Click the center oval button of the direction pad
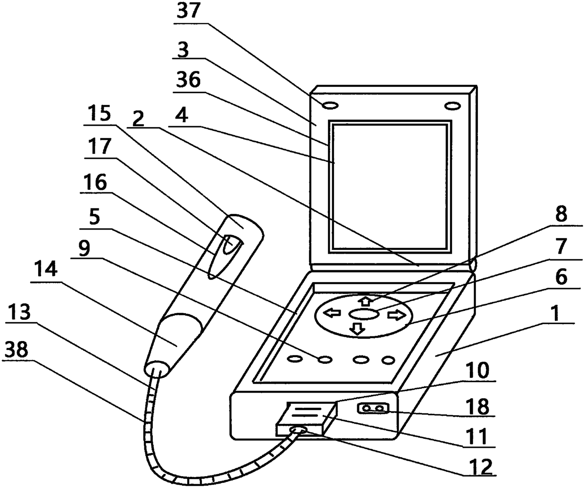point(363,313)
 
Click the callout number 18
point(477,407)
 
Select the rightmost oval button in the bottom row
point(388,361)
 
